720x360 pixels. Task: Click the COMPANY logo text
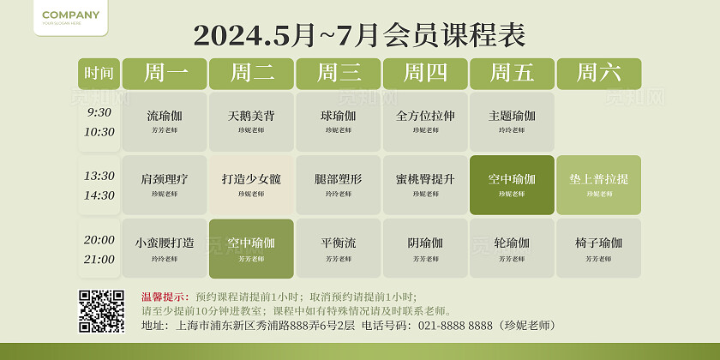[70, 15]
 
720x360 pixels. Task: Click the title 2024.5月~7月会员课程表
[359, 35]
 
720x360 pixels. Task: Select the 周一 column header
[165, 74]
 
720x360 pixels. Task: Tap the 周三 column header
[339, 74]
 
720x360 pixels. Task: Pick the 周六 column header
[598, 74]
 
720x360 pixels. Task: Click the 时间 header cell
[99, 74]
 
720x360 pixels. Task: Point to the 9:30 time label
[99, 112]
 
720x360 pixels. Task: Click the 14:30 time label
[99, 195]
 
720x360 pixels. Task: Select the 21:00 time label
[99, 260]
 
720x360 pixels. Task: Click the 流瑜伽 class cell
[165, 121]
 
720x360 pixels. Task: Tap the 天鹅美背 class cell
[251, 121]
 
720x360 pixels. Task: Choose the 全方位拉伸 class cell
[425, 121]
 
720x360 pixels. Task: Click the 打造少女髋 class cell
[251, 184]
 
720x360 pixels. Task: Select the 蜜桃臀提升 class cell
[425, 184]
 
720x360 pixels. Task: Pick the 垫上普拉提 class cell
[598, 184]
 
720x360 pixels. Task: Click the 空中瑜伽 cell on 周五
[512, 184]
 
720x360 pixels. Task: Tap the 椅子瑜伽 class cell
[598, 248]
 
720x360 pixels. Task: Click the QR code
[101, 311]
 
